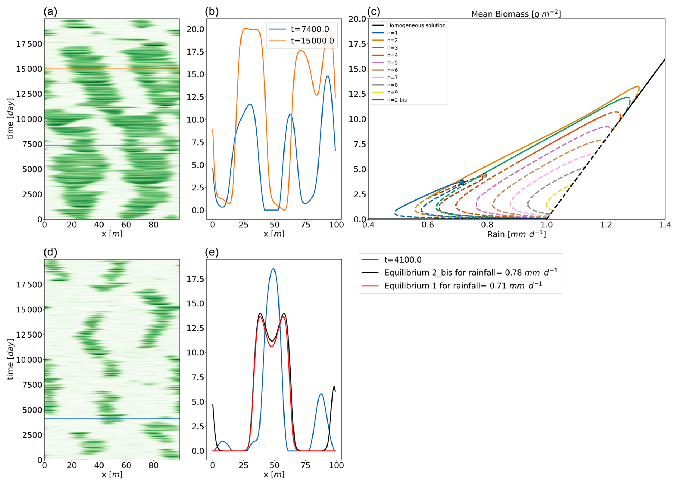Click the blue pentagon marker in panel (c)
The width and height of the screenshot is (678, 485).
(x=462, y=182)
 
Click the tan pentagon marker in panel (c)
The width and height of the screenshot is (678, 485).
(x=484, y=176)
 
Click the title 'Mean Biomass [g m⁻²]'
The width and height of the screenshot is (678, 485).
(x=516, y=14)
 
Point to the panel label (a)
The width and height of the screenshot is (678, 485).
(x=50, y=11)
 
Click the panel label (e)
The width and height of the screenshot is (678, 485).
(x=212, y=252)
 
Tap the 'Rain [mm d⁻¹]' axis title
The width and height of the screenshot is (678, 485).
(x=516, y=234)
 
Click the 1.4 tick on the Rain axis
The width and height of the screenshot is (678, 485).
(x=665, y=225)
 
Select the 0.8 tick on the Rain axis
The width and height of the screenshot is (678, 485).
(x=487, y=225)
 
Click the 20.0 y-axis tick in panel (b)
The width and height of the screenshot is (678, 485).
(x=195, y=29)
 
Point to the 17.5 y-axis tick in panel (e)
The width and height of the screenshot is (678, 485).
(x=195, y=279)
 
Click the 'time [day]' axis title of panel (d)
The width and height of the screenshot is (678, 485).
(x=10, y=359)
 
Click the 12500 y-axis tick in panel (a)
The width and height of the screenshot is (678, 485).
(x=29, y=94)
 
